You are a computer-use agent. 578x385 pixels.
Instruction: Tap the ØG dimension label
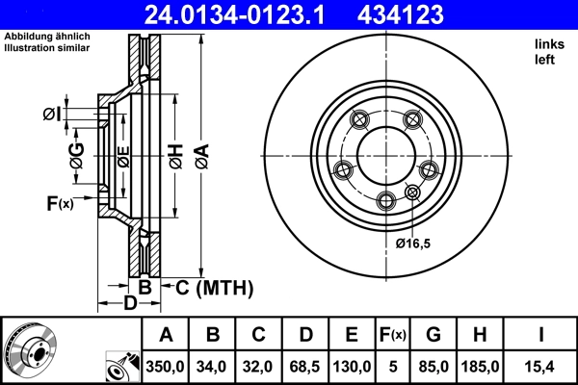76,151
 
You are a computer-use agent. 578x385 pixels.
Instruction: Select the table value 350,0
166,367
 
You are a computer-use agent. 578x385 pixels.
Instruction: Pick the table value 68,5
305,367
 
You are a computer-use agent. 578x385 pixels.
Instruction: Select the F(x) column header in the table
394,335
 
